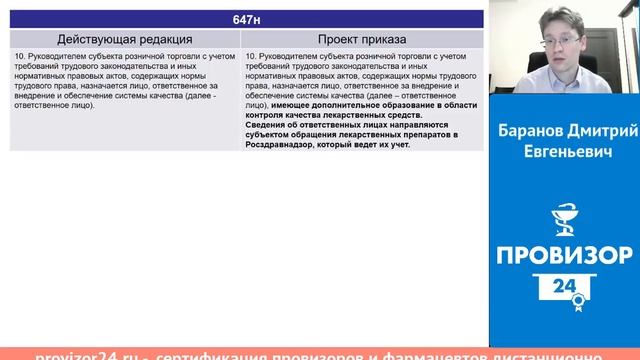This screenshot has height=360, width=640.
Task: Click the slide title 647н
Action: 245,20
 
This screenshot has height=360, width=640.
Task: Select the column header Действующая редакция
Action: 125,39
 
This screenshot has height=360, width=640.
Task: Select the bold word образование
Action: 398,104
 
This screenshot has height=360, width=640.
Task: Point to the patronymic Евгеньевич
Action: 566,150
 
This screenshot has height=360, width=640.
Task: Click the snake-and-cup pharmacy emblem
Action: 566,216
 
